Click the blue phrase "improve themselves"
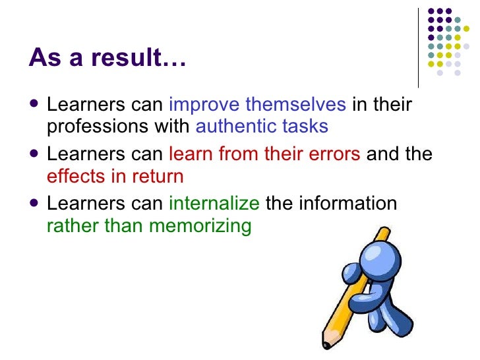click(x=258, y=104)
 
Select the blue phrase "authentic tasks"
click(x=262, y=126)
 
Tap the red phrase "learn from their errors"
click(x=264, y=154)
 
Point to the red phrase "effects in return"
click(x=115, y=176)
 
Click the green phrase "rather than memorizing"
click(x=149, y=225)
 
